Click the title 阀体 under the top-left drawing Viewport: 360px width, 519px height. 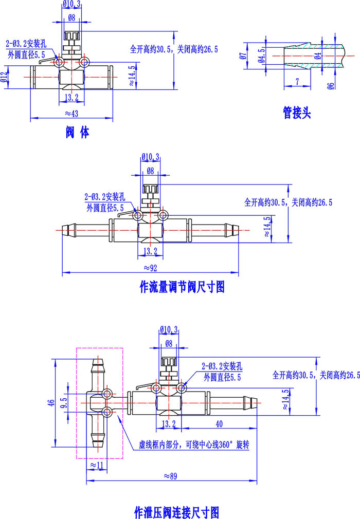pyautogui.click(x=77, y=133)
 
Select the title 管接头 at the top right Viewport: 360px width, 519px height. pyautogui.click(x=297, y=113)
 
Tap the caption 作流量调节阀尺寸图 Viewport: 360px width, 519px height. pyautogui.click(x=183, y=286)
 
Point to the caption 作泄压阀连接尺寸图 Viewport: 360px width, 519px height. pyautogui.click(x=176, y=512)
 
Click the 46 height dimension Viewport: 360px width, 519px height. pyautogui.click(x=50, y=403)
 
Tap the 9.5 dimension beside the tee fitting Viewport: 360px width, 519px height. pyautogui.click(x=64, y=403)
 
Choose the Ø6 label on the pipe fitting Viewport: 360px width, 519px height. pyautogui.click(x=331, y=85)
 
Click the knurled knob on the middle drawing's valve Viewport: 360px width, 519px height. pyautogui.click(x=150, y=191)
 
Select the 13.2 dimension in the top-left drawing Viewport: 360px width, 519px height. pyautogui.click(x=71, y=97)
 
